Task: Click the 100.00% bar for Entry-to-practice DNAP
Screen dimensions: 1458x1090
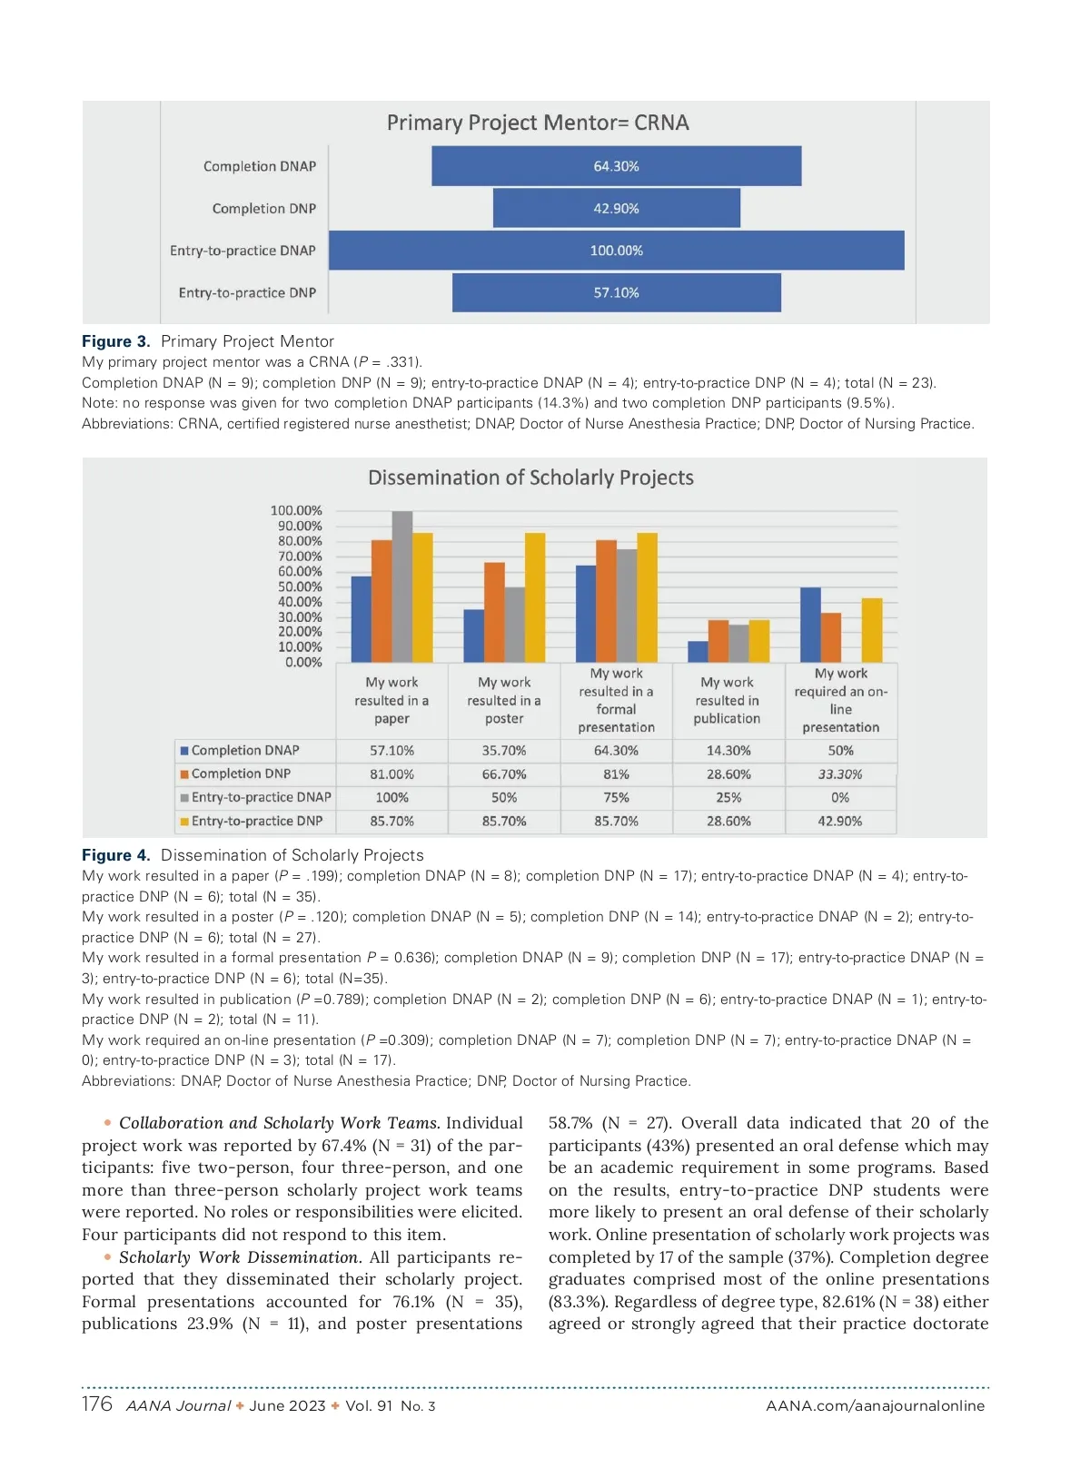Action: pos(616,251)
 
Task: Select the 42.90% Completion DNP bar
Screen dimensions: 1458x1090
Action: pos(616,209)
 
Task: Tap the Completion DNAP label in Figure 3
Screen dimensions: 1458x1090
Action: pos(260,166)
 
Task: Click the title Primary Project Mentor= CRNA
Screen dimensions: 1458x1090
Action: pos(538,123)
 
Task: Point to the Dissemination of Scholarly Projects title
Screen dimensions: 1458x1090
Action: pos(530,478)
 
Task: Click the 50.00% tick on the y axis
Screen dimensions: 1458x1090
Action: pos(300,586)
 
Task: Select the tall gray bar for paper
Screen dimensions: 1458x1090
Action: pos(401,586)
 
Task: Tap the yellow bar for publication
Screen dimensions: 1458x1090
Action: pos(759,641)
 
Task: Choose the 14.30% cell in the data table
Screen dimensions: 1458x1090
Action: pos(728,751)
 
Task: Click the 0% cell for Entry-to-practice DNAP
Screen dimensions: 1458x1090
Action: pos(840,797)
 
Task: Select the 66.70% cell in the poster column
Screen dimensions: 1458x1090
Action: pos(504,774)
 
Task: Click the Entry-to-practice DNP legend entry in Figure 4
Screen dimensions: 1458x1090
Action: pos(256,821)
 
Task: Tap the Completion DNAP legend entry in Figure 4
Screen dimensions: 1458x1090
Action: pos(244,751)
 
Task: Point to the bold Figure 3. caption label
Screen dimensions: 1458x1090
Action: pos(115,341)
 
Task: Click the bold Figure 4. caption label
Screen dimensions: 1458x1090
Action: pos(115,855)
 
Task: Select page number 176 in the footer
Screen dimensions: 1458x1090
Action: pos(97,1404)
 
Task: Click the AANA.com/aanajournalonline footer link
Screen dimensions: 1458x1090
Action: pos(875,1406)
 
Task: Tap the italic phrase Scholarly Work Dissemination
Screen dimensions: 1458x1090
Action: pos(240,1257)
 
